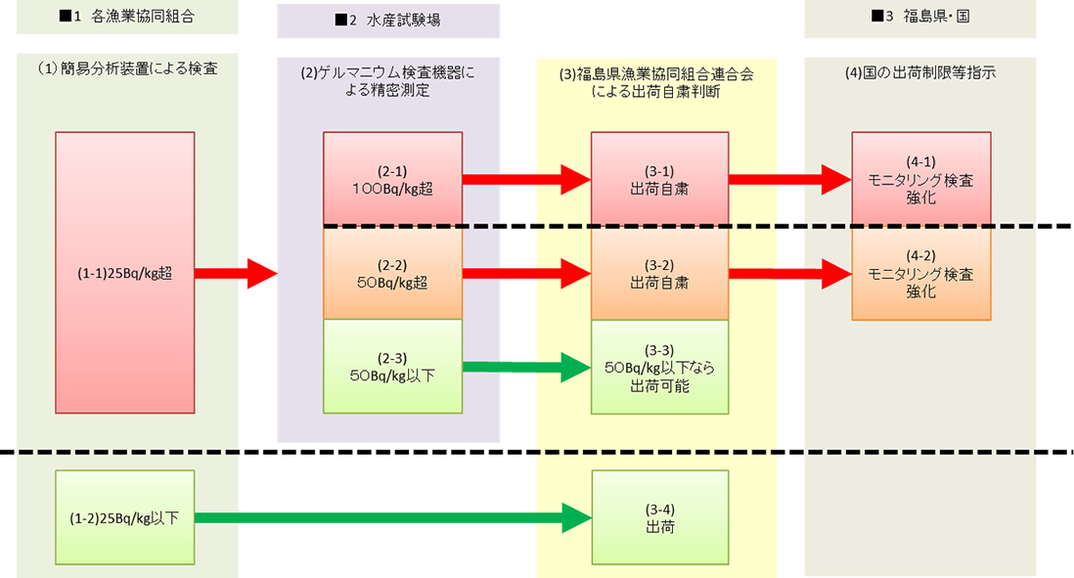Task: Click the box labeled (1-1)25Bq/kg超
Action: point(124,274)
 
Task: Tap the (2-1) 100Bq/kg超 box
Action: point(392,179)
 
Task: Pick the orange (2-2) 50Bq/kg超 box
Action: point(392,273)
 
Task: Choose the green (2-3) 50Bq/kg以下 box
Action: point(392,367)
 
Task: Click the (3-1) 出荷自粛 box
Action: point(659,179)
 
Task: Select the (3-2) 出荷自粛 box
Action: point(659,273)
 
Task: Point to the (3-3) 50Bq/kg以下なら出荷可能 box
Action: point(659,367)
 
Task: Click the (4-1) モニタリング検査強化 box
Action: point(920,179)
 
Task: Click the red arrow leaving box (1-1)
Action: point(236,274)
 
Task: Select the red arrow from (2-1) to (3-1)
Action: point(525,179)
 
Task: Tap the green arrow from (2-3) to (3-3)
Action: point(525,368)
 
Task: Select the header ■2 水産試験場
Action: point(388,21)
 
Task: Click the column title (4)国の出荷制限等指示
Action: point(919,71)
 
